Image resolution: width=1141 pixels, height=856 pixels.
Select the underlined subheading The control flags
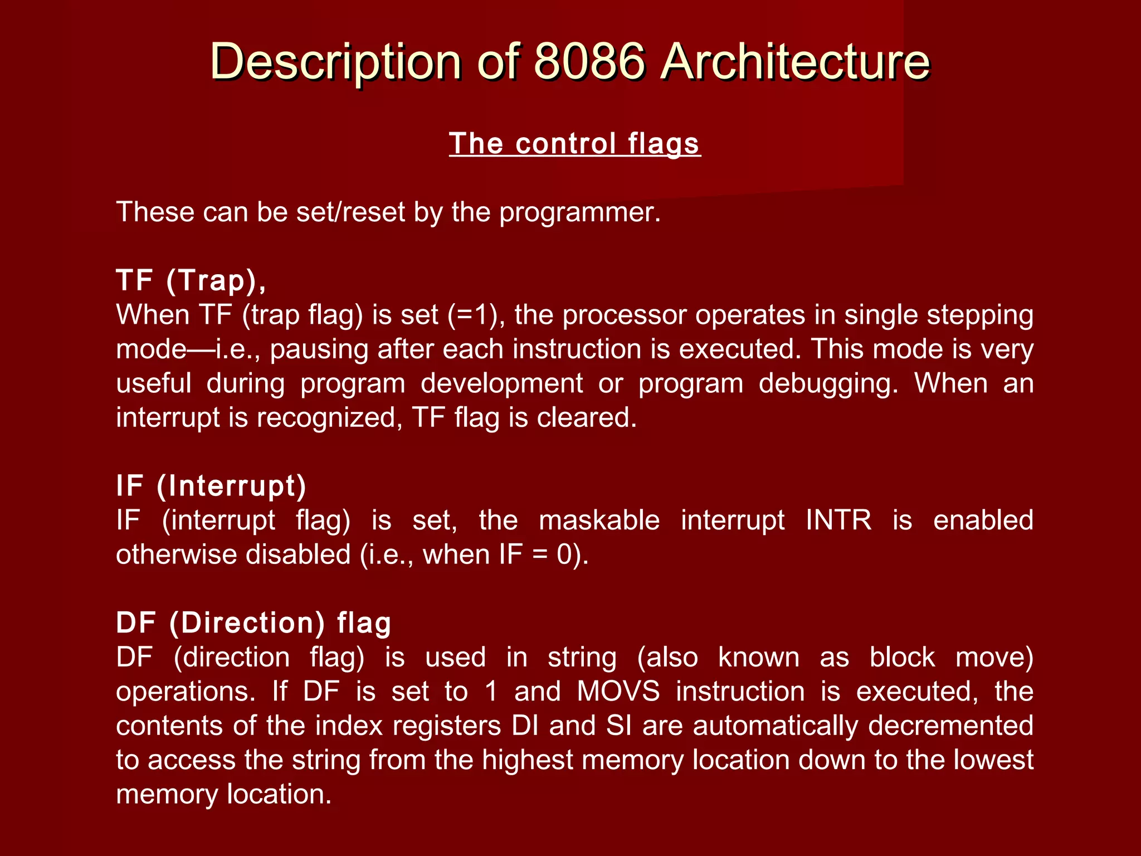coord(574,144)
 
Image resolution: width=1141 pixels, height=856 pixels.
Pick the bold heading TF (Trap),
coord(191,280)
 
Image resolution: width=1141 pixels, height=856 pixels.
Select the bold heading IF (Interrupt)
coord(211,486)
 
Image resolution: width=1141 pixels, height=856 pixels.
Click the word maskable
coord(599,521)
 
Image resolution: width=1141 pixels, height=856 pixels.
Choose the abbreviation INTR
coord(838,521)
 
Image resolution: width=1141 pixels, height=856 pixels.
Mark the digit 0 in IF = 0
coord(565,555)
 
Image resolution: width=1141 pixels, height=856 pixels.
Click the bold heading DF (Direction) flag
coord(253,623)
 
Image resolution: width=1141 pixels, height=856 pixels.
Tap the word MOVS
coord(618,692)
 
